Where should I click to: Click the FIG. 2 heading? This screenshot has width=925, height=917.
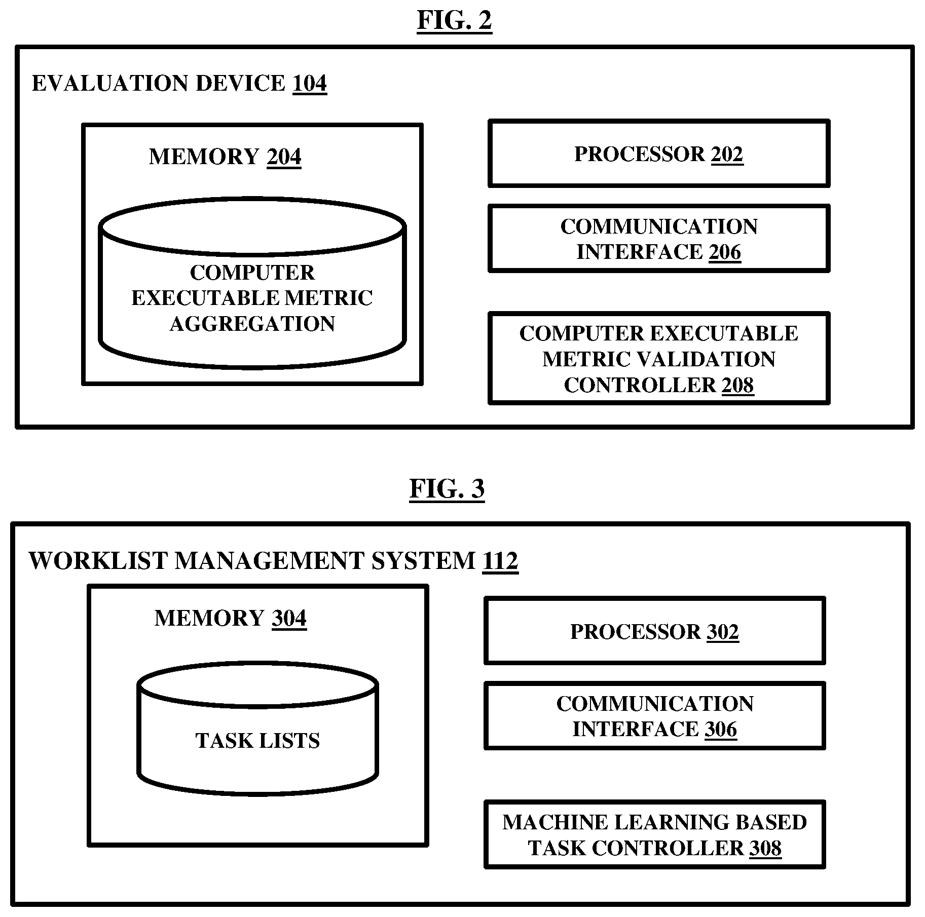tap(454, 21)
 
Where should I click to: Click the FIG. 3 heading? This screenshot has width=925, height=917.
tap(447, 489)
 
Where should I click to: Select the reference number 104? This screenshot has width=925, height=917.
tap(310, 83)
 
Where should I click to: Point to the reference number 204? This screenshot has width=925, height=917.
tap(284, 157)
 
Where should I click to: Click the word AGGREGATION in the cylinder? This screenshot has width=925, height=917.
tap(252, 324)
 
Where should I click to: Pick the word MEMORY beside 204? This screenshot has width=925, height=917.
tap(204, 157)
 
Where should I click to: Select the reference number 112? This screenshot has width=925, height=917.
tap(501, 561)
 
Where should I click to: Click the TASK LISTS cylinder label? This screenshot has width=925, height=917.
tap(258, 741)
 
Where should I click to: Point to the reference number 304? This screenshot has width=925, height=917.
tap(289, 619)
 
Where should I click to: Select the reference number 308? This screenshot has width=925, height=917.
tap(765, 848)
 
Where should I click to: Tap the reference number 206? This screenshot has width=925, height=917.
tap(725, 252)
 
